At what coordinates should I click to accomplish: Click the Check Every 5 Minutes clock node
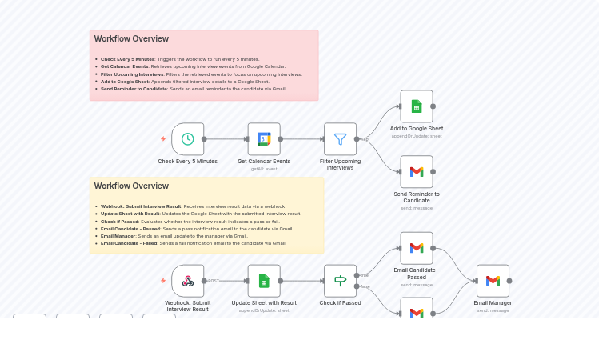tap(187, 139)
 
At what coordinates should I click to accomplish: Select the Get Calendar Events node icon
tap(264, 139)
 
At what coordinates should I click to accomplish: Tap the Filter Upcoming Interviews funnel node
tap(340, 139)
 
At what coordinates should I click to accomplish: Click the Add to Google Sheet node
tap(416, 106)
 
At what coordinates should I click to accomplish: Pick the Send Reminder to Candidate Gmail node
tap(416, 172)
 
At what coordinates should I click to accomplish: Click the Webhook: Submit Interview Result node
tap(187, 281)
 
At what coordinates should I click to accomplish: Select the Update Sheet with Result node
tap(264, 281)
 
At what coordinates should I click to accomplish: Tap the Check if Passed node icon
tap(340, 281)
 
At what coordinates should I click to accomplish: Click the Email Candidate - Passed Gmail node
tap(416, 248)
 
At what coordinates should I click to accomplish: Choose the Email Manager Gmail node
tap(493, 281)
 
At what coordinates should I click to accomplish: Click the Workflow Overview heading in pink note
tap(131, 38)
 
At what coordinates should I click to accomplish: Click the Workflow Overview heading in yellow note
tap(131, 186)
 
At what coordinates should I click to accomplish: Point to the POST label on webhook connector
tap(214, 281)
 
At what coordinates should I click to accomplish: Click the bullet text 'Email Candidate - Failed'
tap(129, 243)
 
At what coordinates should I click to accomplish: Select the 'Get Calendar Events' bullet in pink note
tap(125, 66)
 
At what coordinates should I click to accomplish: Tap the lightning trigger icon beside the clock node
tap(163, 139)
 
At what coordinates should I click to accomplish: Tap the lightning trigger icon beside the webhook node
tap(163, 281)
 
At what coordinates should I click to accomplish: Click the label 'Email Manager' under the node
tap(493, 303)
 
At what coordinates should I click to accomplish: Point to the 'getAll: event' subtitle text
tap(264, 169)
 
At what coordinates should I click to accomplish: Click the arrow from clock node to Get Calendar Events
tap(226, 139)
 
